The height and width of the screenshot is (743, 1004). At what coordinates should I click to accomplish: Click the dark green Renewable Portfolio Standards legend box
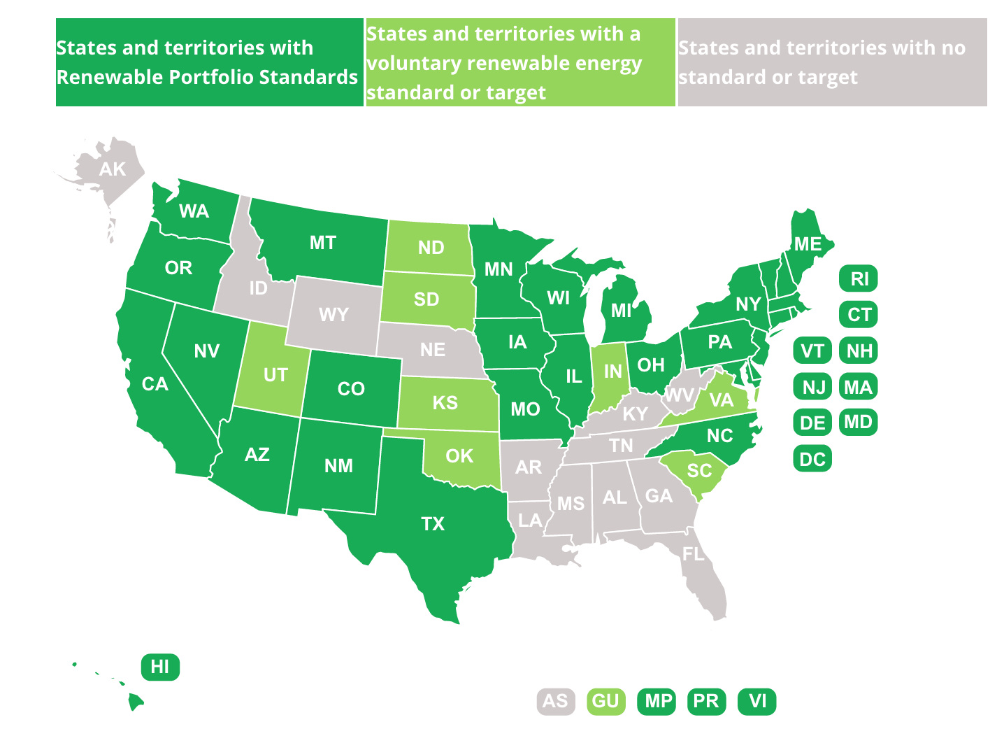[209, 62]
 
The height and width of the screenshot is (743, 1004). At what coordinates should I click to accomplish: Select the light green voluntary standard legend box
[519, 62]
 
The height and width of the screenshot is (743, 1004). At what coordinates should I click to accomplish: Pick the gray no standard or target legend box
[832, 62]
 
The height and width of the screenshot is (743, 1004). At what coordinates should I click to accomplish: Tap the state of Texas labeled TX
[433, 523]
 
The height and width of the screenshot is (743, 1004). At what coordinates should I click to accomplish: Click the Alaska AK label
[112, 169]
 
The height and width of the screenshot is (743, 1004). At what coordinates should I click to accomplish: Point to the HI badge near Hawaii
[160, 667]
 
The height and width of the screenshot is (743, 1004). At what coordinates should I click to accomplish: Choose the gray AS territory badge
[556, 701]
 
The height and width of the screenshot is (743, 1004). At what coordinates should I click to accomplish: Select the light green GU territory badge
[605, 701]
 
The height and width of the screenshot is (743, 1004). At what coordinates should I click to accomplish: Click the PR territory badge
[706, 701]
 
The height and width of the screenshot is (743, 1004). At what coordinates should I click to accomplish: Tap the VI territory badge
[757, 701]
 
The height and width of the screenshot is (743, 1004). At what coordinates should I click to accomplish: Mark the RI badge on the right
[859, 279]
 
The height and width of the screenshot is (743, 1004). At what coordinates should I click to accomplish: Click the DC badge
[812, 459]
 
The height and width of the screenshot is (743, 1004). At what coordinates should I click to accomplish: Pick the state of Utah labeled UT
[275, 375]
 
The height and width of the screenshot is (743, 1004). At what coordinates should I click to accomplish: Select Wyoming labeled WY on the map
[334, 315]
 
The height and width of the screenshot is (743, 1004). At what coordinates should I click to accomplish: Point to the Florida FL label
[694, 554]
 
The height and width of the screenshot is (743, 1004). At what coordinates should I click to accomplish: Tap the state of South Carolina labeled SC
[699, 470]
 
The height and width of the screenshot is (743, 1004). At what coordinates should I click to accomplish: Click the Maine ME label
[808, 244]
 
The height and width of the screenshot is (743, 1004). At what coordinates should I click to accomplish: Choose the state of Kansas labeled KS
[445, 402]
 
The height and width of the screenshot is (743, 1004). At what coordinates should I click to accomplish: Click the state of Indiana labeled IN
[612, 371]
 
